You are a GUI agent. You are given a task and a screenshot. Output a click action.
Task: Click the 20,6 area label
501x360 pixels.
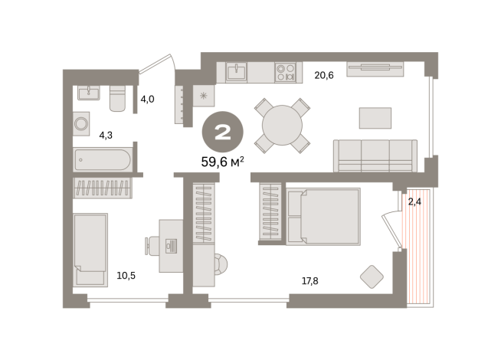324,75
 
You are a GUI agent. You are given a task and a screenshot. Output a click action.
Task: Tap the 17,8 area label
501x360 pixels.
310,281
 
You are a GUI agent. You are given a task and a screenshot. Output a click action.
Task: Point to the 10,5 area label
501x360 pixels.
126,276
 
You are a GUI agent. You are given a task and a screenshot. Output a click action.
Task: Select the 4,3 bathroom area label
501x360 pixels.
106,136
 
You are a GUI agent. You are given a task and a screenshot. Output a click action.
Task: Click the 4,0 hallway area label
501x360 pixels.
148,99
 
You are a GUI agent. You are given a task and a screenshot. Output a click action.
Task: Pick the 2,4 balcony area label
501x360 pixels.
414,202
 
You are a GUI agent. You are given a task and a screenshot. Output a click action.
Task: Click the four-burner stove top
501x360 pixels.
286,72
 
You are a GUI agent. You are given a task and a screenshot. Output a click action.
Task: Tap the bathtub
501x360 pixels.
102,160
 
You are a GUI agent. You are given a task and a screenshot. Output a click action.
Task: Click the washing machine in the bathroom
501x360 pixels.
81,123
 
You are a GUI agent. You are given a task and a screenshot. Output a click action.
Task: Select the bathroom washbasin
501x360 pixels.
89,93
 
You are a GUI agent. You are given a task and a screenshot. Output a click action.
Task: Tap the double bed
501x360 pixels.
323,217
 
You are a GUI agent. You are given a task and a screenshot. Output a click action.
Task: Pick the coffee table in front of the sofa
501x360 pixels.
375,118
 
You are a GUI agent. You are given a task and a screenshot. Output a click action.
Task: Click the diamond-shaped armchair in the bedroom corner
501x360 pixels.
372,276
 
